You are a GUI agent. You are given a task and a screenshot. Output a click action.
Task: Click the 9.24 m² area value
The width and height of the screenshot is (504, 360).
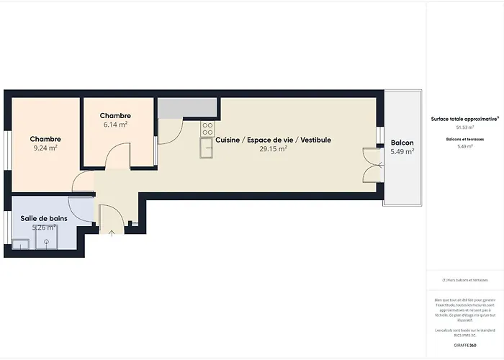tap(45, 148)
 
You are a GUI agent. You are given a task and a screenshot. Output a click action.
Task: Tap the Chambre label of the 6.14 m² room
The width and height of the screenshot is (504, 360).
tap(115, 115)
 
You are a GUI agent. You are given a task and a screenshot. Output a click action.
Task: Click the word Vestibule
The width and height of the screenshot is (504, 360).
tap(315, 140)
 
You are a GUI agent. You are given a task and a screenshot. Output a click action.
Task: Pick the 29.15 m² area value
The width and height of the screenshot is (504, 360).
tap(273, 149)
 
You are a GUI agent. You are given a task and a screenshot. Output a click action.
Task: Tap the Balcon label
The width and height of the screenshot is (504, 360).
tap(402, 143)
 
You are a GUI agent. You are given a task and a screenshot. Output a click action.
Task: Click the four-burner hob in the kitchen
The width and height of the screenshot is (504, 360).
tap(207, 129)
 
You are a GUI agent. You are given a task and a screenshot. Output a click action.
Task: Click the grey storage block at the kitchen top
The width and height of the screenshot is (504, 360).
tap(186, 107)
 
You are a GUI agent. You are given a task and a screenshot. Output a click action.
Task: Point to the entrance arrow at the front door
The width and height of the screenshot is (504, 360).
tap(111, 232)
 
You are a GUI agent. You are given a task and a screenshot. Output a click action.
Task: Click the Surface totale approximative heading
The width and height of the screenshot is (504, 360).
tap(464, 119)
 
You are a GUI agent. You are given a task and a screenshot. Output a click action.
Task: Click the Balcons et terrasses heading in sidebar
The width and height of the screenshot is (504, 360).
tap(464, 138)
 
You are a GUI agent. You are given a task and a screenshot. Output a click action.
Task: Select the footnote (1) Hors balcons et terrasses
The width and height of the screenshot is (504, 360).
tap(464, 279)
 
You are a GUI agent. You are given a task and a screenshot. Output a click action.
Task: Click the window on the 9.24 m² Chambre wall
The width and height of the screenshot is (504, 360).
tap(6, 152)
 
